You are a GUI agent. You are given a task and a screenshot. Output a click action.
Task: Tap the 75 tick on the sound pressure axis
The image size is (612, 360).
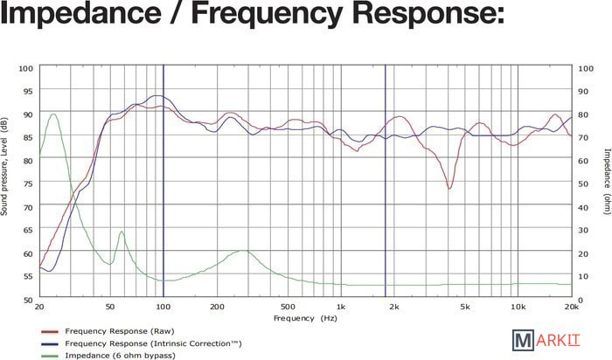tap(26, 183)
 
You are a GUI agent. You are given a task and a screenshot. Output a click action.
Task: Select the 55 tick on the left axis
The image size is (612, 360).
tap(26, 276)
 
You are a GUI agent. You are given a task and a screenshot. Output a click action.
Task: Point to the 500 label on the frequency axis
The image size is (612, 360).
tap(287, 308)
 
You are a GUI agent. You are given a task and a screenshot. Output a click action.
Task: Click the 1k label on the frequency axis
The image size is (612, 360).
tap(340, 308)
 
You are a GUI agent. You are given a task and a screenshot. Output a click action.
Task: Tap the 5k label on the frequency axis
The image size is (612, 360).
tap(465, 308)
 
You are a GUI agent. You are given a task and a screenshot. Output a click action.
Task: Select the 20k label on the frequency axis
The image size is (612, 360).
tap(572, 308)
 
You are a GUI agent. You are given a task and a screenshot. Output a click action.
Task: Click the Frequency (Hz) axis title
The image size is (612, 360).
tap(304, 319)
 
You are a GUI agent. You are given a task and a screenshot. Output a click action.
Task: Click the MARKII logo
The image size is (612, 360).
tap(543, 341)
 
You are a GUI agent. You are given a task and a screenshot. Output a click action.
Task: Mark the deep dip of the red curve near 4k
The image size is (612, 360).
tap(449, 188)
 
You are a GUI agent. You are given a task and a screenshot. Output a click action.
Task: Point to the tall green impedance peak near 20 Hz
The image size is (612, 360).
tap(53, 114)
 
